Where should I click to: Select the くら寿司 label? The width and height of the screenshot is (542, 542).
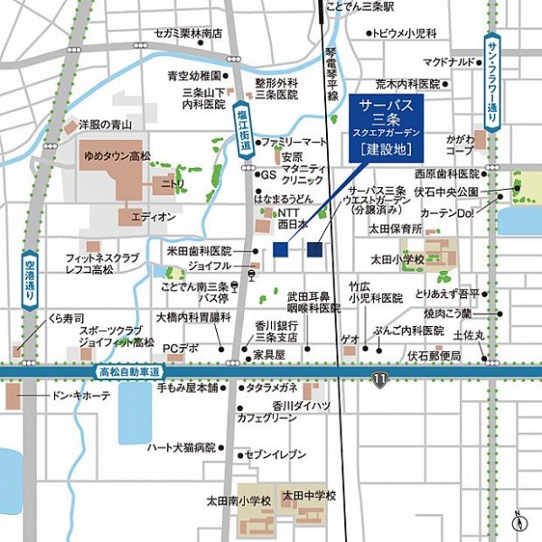click(x=66, y=318)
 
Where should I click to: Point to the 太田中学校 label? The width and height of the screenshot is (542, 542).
click(x=308, y=495)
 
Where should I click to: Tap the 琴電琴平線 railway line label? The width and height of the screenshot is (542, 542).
click(x=332, y=75)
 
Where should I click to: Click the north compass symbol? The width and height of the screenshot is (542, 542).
click(x=518, y=522)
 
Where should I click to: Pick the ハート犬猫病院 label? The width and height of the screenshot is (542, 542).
click(x=181, y=446)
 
